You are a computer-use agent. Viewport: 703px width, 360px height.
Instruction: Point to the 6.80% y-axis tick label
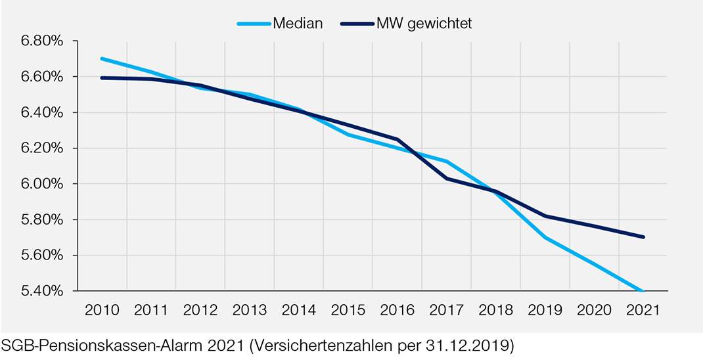pyautogui.click(x=41, y=41)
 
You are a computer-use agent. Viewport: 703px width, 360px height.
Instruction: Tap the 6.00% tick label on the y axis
pyautogui.click(x=41, y=184)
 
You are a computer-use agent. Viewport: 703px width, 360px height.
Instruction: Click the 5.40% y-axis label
pyautogui.click(x=41, y=291)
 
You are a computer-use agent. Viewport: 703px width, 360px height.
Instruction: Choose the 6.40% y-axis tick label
pyautogui.click(x=41, y=113)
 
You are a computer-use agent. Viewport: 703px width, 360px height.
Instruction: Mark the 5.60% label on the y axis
pyautogui.click(x=41, y=256)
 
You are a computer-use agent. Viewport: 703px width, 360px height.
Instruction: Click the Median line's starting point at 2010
pyautogui.click(x=102, y=58)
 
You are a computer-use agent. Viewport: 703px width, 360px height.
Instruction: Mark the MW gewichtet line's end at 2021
pyautogui.click(x=643, y=237)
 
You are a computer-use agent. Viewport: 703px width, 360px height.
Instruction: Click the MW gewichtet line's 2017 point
pyautogui.click(x=447, y=178)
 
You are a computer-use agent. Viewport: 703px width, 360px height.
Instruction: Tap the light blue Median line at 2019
pyautogui.click(x=545, y=237)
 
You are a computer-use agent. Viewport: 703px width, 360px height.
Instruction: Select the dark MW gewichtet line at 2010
pyautogui.click(x=102, y=78)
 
